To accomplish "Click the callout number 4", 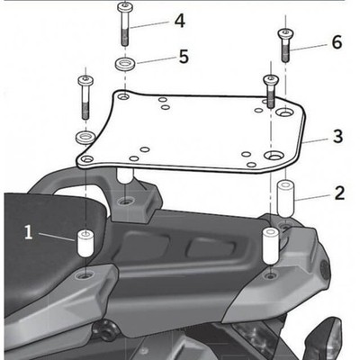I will (x=180, y=19).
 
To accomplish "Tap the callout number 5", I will (x=183, y=56).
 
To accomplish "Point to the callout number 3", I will (x=337, y=137).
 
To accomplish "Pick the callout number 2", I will (x=338, y=192).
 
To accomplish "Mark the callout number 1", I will (x=28, y=233).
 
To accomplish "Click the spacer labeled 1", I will (x=86, y=244).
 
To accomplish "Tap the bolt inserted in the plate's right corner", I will (x=269, y=93).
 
